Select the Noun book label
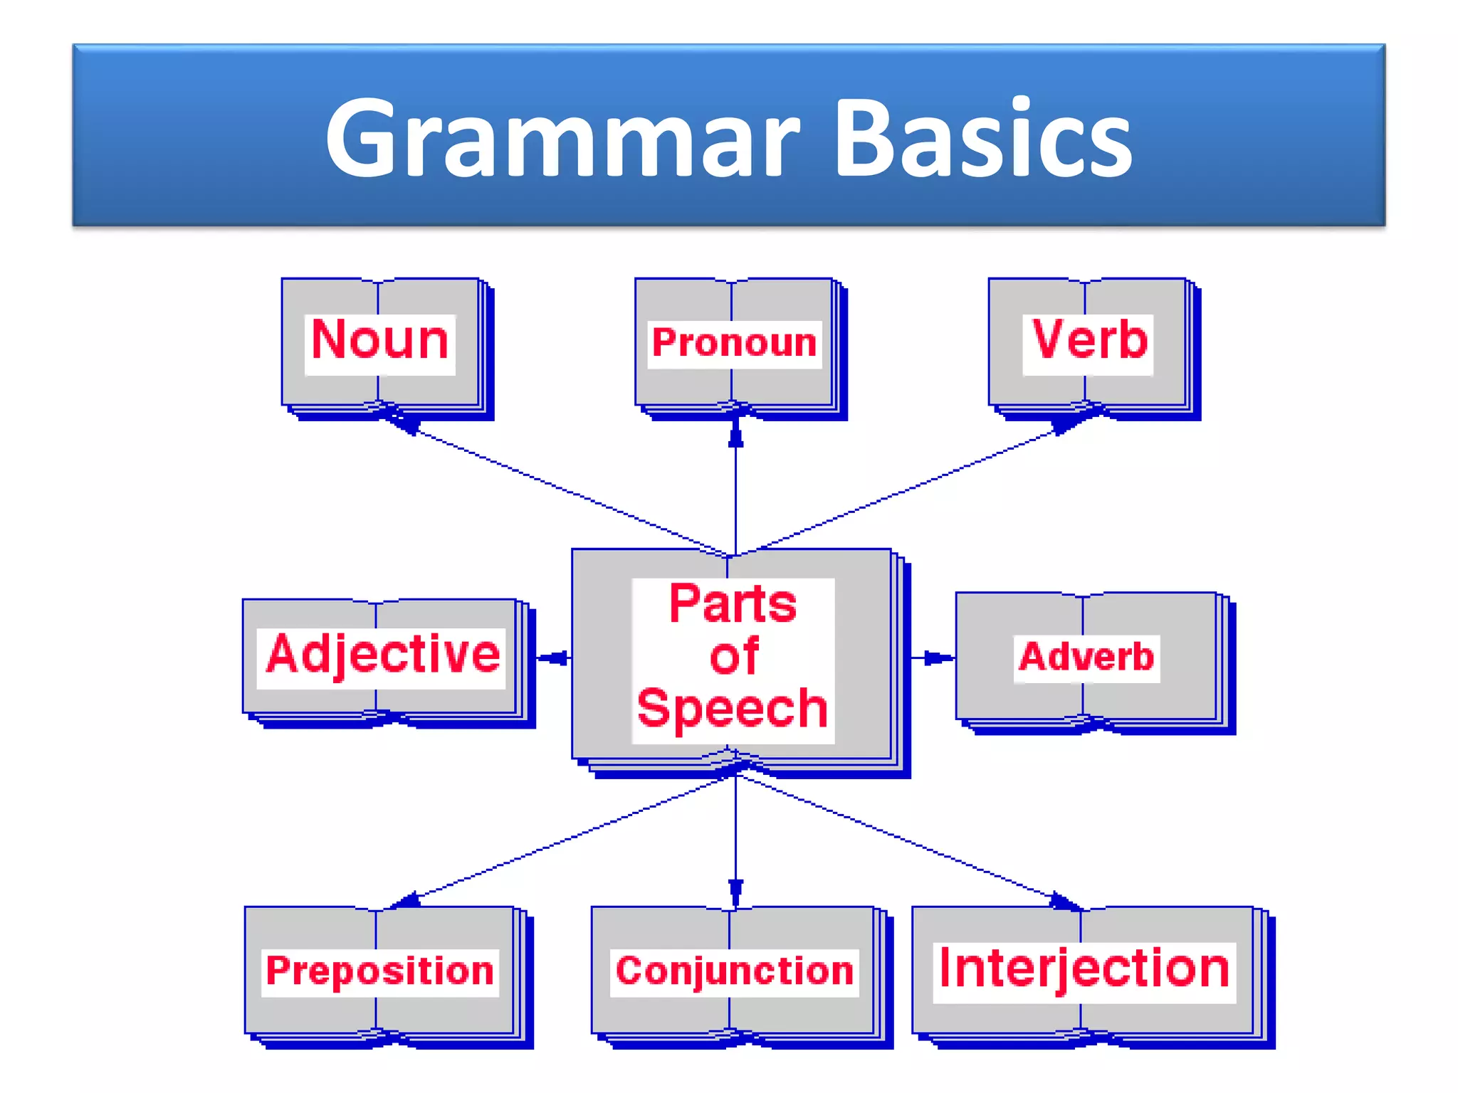(380, 341)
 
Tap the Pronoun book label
(734, 343)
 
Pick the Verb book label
(1089, 341)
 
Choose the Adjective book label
(382, 655)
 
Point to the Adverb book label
(1086, 657)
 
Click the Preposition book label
(379, 971)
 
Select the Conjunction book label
(735, 971)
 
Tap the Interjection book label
(1084, 969)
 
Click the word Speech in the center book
(733, 709)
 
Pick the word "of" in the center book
(733, 657)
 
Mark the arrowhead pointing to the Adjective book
(553, 658)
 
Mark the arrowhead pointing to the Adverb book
(938, 658)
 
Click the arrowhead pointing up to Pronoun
(736, 432)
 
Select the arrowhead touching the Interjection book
(1064, 902)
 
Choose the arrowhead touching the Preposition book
(407, 902)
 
